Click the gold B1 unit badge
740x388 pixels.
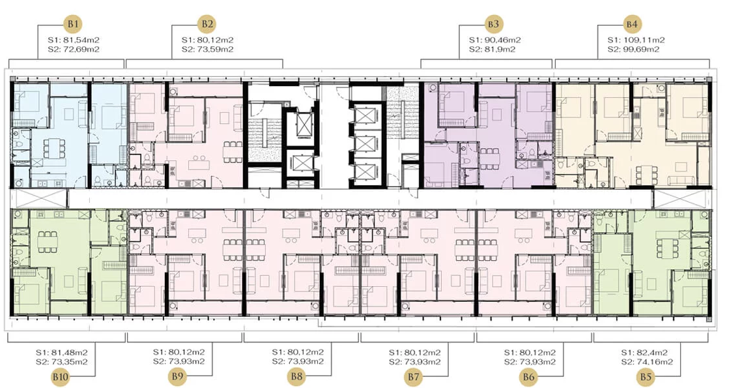(74, 24)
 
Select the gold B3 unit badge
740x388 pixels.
(494, 24)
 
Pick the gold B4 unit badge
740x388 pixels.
(633, 24)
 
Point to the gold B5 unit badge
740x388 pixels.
(646, 377)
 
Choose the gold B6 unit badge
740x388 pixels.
(529, 377)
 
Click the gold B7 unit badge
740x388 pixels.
(414, 377)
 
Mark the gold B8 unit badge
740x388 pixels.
(297, 377)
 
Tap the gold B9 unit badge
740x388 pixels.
(178, 377)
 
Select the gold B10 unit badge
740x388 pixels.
(61, 377)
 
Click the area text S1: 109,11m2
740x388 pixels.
(636, 40)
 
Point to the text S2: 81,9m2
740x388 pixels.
(492, 49)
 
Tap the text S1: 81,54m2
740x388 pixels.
(74, 40)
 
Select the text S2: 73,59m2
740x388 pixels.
(207, 49)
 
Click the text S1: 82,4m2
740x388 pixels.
(644, 353)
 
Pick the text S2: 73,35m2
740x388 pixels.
(62, 362)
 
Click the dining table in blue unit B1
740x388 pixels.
(51, 149)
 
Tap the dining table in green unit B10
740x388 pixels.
(48, 242)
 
